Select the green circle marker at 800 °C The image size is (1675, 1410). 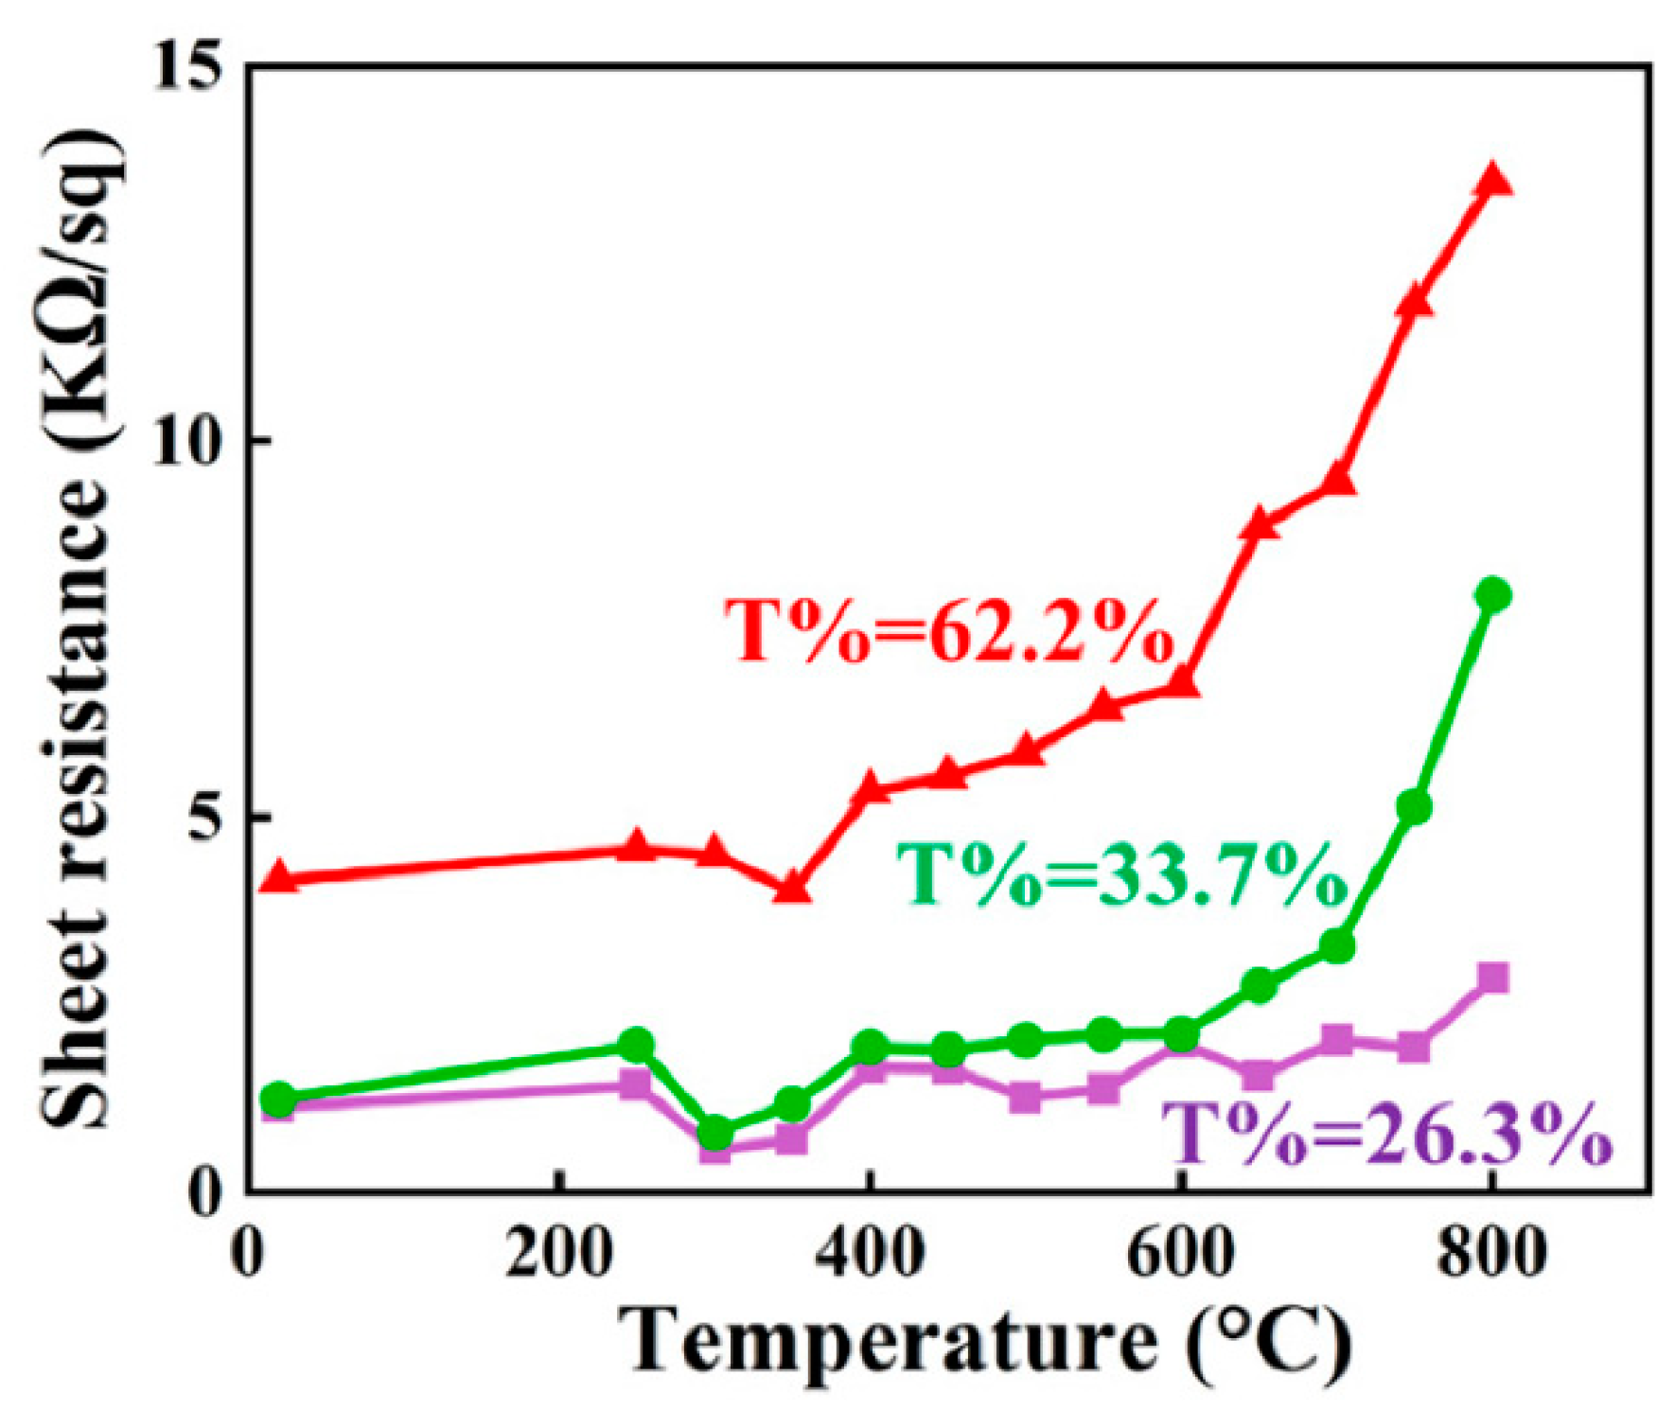tap(1492, 595)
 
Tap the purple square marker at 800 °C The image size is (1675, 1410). tap(1492, 978)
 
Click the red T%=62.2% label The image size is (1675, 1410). tap(949, 630)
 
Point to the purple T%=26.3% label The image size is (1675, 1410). tap(1386, 1133)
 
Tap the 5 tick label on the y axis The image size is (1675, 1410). tap(210, 816)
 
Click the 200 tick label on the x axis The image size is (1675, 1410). tap(558, 1254)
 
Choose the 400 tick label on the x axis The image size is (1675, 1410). tap(869, 1254)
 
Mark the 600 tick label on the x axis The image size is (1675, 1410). tap(1180, 1254)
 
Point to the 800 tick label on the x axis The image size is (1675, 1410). tap(1491, 1254)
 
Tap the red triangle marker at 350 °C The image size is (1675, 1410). tap(792, 888)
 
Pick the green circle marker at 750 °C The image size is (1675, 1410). tap(1414, 807)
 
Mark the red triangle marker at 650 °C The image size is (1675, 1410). tap(1260, 523)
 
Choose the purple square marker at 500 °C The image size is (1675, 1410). tap(1025, 1097)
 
